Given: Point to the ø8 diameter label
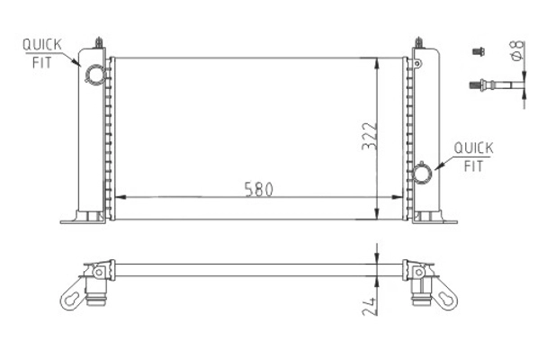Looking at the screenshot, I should coord(516,54).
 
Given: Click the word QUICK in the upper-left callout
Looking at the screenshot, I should coord(41,44).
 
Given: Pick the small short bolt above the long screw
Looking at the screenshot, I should coord(478,52).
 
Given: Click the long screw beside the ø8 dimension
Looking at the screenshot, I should coord(493,86).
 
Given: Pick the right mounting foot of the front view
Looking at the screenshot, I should coord(434,218).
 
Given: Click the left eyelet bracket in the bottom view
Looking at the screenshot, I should coord(74,294).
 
